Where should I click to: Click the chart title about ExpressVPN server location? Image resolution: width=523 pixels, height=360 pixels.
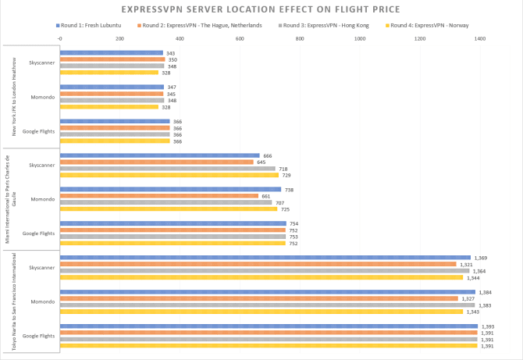(x=261, y=10)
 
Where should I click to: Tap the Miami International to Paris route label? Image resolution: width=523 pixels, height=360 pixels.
(x=12, y=199)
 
